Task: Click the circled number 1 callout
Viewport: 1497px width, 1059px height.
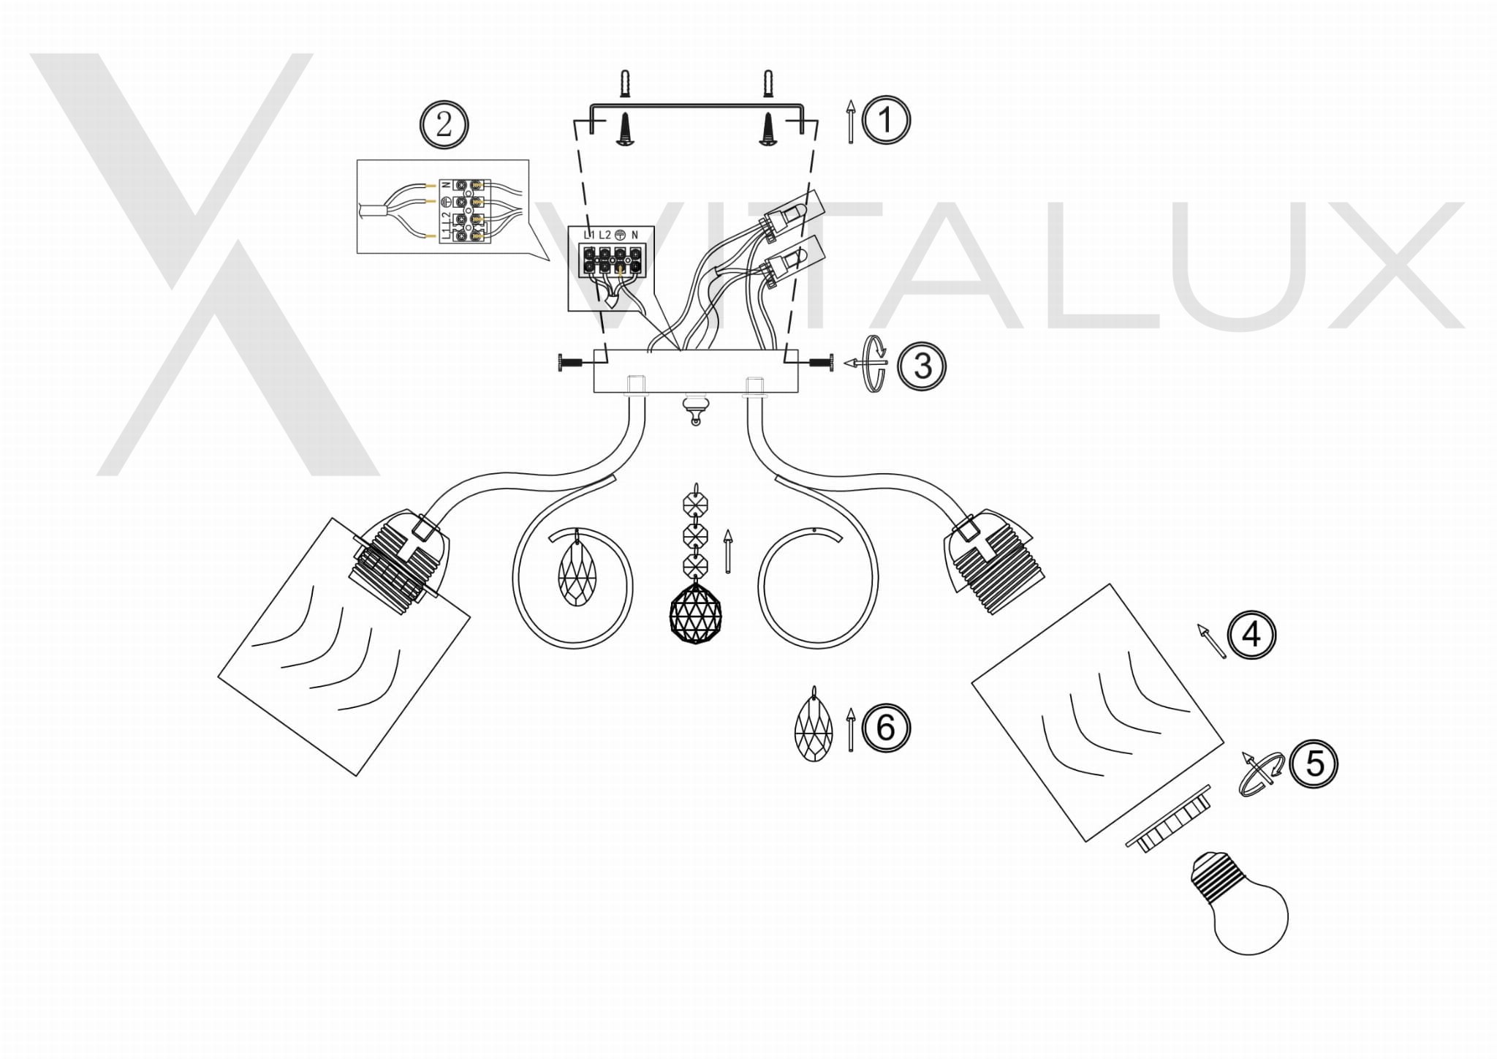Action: (886, 120)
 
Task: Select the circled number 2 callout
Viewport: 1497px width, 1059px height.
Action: (444, 125)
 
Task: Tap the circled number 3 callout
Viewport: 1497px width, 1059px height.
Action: (922, 366)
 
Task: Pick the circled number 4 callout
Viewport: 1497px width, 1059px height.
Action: (1251, 634)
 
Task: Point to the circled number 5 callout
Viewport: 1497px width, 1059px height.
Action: (1314, 764)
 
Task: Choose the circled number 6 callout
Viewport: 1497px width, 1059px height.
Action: (886, 728)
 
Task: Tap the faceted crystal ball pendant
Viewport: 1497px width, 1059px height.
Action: (696, 613)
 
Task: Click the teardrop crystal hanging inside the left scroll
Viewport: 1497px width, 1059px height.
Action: (577, 570)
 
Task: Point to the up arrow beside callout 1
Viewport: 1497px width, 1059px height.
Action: (850, 121)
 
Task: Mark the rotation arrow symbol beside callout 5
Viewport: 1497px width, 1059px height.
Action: (1261, 772)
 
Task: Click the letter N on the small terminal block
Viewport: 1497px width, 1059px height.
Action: (634, 235)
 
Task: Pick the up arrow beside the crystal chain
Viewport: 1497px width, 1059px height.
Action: (727, 551)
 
